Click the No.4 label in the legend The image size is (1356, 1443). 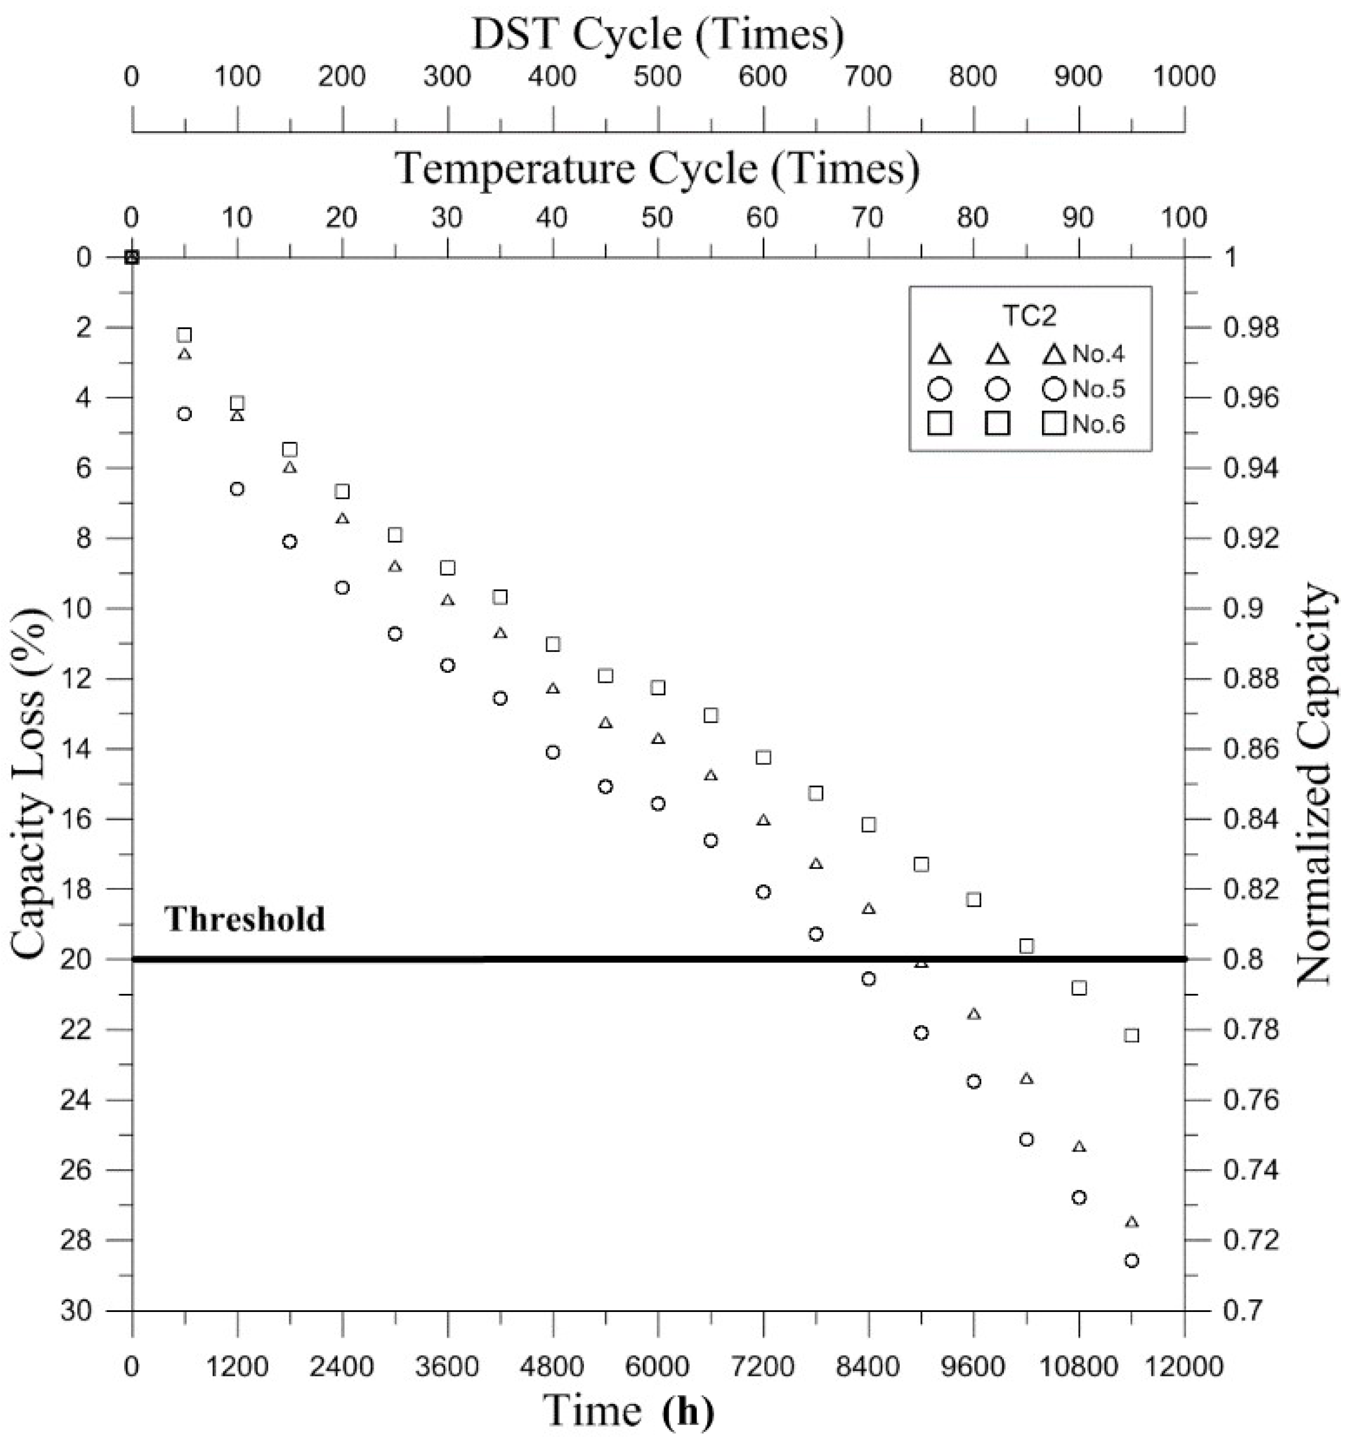pyautogui.click(x=1099, y=354)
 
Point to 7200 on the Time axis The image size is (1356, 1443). pyautogui.click(x=762, y=1366)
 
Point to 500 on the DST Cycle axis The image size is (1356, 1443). pyautogui.click(x=657, y=76)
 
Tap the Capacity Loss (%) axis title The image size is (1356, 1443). pyautogui.click(x=30, y=784)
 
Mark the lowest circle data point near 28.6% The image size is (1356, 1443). pyautogui.click(x=1131, y=1261)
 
